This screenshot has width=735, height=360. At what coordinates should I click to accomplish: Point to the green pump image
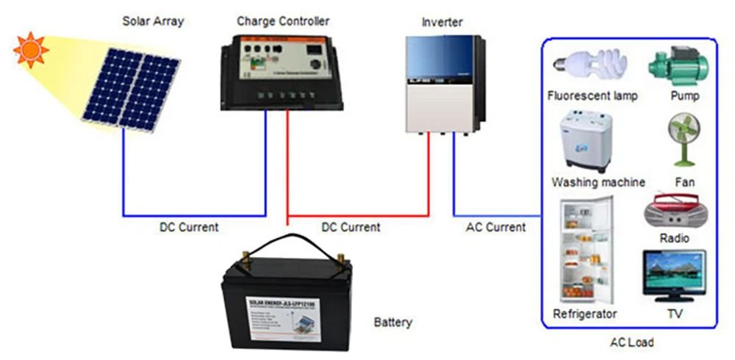point(677,65)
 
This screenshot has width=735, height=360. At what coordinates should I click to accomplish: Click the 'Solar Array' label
point(153,21)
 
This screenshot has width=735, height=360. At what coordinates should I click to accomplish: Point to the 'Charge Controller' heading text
point(283,21)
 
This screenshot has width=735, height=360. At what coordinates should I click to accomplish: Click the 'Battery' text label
point(393,323)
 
